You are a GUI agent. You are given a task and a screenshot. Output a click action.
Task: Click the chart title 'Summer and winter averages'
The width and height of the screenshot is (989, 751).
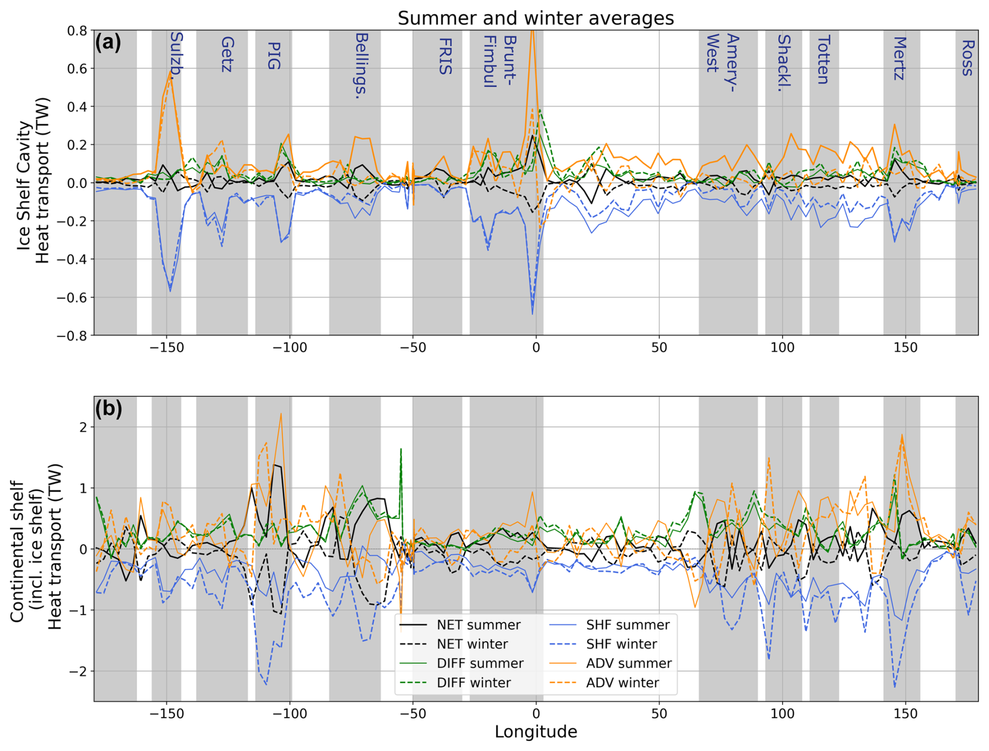pyautogui.click(x=535, y=18)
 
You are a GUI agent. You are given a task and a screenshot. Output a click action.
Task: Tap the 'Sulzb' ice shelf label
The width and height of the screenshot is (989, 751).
pyautogui.click(x=177, y=53)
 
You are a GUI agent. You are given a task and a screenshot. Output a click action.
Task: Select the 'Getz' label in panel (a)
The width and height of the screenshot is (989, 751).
pyautogui.click(x=227, y=54)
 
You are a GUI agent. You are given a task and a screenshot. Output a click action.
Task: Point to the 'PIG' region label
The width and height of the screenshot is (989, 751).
pyautogui.click(x=273, y=56)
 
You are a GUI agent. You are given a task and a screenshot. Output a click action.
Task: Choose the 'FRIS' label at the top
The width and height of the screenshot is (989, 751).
pyautogui.click(x=445, y=56)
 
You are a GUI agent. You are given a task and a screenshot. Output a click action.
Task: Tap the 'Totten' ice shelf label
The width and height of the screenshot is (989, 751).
pyautogui.click(x=823, y=60)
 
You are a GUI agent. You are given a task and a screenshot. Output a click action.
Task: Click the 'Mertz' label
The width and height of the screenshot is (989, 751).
pyautogui.click(x=899, y=58)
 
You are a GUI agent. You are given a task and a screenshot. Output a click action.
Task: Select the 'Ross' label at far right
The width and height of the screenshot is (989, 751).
pyautogui.click(x=967, y=57)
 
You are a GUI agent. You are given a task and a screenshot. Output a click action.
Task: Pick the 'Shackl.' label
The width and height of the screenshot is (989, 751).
pyautogui.click(x=784, y=60)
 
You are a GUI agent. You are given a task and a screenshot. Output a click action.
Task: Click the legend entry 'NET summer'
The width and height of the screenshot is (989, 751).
pyautogui.click(x=478, y=625)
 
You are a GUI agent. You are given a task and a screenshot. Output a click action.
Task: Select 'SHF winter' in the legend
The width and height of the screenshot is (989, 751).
pyautogui.click(x=622, y=644)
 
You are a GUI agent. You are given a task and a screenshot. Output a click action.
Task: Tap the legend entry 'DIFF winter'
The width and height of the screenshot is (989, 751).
pyautogui.click(x=474, y=683)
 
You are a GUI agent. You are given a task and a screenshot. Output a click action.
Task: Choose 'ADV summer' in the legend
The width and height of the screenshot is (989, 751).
pyautogui.click(x=629, y=663)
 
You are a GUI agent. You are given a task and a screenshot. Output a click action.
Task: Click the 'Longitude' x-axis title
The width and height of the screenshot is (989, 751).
pyautogui.click(x=535, y=732)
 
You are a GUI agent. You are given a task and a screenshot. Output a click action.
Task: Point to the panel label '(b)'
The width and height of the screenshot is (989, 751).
pyautogui.click(x=108, y=409)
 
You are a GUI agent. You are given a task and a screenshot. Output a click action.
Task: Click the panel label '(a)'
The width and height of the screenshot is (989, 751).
pyautogui.click(x=108, y=42)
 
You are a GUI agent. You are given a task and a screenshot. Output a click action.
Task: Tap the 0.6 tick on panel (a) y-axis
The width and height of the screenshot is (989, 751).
pyautogui.click(x=77, y=68)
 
